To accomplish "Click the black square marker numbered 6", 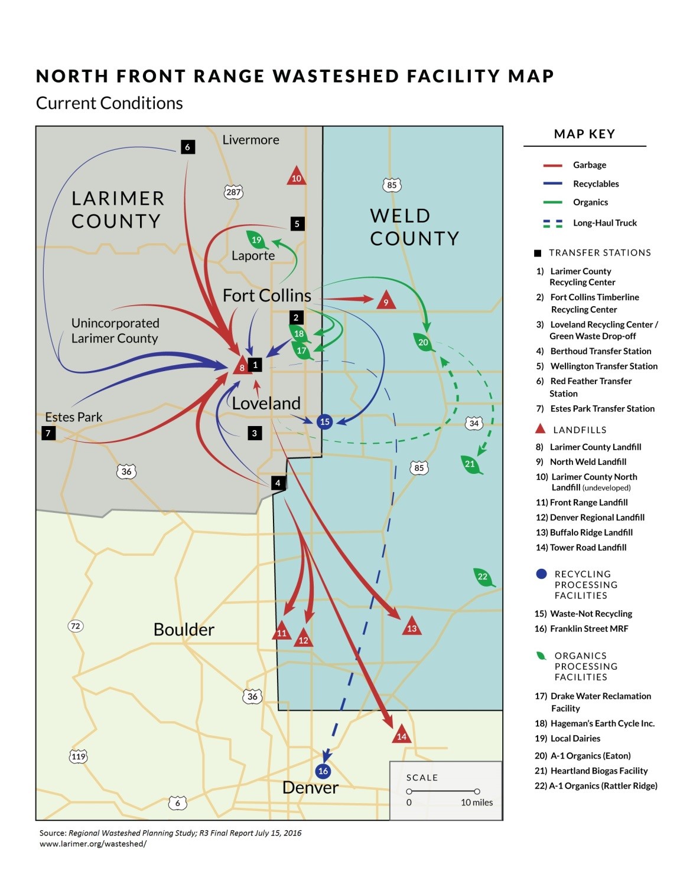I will (187, 147).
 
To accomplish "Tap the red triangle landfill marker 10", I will (296, 176).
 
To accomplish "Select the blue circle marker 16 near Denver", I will (323, 771).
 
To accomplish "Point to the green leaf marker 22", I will (483, 577).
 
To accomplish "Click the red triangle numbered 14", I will (402, 735).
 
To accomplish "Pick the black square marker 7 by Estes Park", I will (48, 433).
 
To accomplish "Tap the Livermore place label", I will (250, 140).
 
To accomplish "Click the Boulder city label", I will (184, 630).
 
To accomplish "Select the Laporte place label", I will (253, 256).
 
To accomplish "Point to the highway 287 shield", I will (233, 192).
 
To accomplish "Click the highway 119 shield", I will (79, 756).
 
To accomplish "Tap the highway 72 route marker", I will (75, 626).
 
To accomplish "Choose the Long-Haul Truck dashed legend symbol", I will (552, 223).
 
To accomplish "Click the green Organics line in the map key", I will (552, 202).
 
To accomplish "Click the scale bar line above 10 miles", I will (443, 791).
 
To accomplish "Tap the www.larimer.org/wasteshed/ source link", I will (93, 844).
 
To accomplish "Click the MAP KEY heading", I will (584, 134).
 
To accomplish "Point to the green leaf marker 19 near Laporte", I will (256, 240).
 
